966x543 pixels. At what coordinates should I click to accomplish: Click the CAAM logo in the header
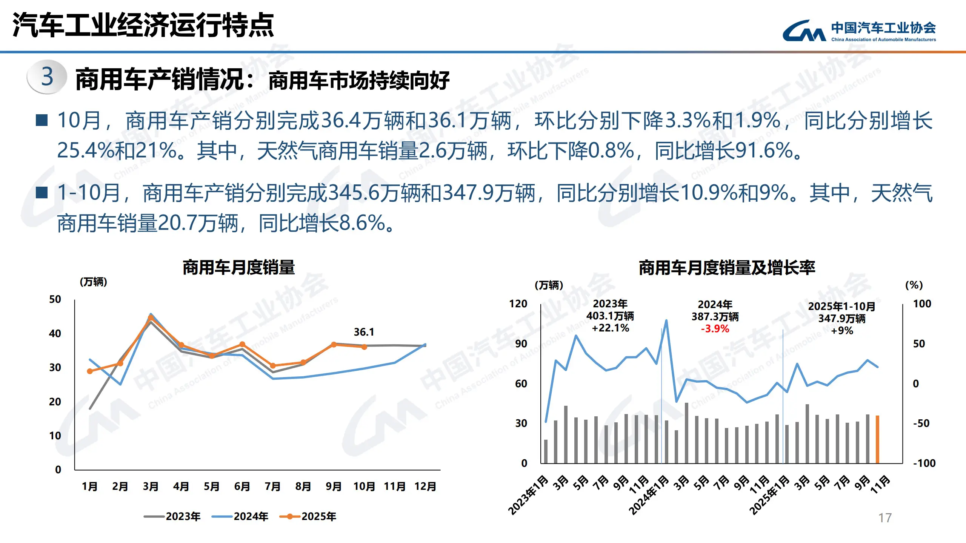804,31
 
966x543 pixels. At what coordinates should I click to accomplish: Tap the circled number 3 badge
47,77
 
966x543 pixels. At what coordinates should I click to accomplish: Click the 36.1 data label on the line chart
364,332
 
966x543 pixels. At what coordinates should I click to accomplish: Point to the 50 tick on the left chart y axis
55,299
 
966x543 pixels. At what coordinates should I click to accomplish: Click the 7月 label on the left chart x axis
272,486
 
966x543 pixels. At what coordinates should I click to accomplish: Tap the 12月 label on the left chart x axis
425,486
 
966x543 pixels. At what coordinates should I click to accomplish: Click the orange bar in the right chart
877,439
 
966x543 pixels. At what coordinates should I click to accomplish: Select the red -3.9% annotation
715,329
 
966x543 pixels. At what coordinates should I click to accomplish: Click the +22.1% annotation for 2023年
610,328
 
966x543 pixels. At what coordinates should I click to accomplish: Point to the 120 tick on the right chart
518,304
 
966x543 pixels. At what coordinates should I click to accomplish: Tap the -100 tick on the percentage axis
924,463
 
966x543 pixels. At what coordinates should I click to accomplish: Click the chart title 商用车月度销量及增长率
727,268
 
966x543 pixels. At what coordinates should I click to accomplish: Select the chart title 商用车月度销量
238,268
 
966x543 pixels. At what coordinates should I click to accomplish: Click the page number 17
885,518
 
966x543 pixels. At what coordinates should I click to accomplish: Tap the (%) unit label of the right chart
914,285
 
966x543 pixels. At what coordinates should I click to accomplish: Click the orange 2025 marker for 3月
151,318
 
